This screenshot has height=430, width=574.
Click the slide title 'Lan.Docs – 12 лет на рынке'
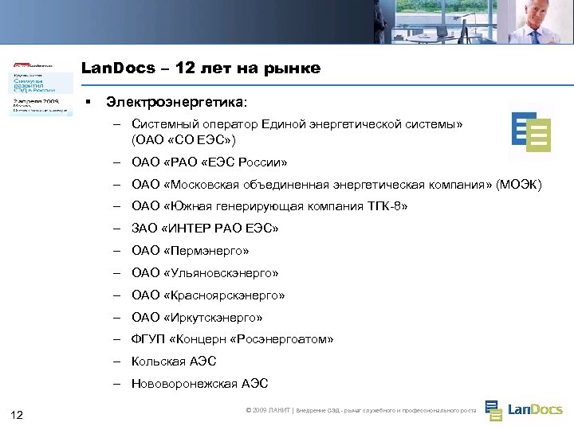point(201,68)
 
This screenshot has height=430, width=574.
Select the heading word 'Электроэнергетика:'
point(177,103)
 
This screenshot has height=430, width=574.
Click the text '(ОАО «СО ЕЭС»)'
point(183,140)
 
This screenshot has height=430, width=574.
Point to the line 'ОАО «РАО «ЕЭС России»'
point(210,163)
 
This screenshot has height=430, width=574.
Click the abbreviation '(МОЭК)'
point(518,186)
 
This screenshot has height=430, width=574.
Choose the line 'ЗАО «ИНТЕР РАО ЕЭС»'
point(205,229)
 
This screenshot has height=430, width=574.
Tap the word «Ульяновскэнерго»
point(221,273)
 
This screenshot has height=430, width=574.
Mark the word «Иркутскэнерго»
point(212,318)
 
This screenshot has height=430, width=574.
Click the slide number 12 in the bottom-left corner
point(18,413)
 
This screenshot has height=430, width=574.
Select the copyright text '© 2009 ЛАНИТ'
point(269,411)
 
